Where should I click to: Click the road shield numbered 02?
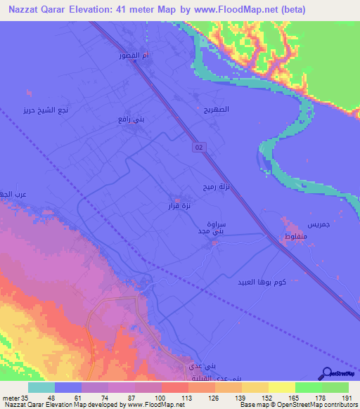pyautogui.click(x=200, y=146)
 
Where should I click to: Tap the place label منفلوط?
pyautogui.click(x=295, y=239)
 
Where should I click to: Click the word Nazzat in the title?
pyautogui.click(x=22, y=9)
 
